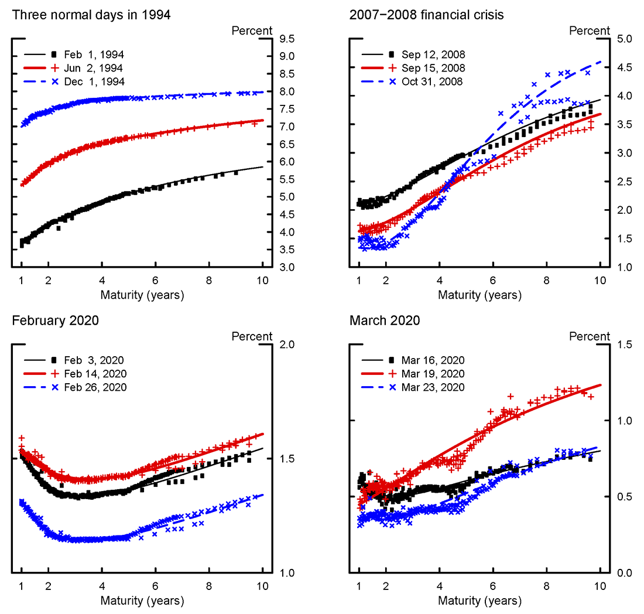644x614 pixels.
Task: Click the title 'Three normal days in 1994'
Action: tap(91, 15)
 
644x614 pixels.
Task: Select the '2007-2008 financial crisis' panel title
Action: tap(427, 15)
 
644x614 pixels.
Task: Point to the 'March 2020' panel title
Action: tap(385, 320)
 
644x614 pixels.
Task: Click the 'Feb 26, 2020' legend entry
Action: tap(95, 387)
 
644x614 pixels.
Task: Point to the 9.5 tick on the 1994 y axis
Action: tap(287, 39)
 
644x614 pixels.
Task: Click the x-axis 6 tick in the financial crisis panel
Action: tap(493, 280)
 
